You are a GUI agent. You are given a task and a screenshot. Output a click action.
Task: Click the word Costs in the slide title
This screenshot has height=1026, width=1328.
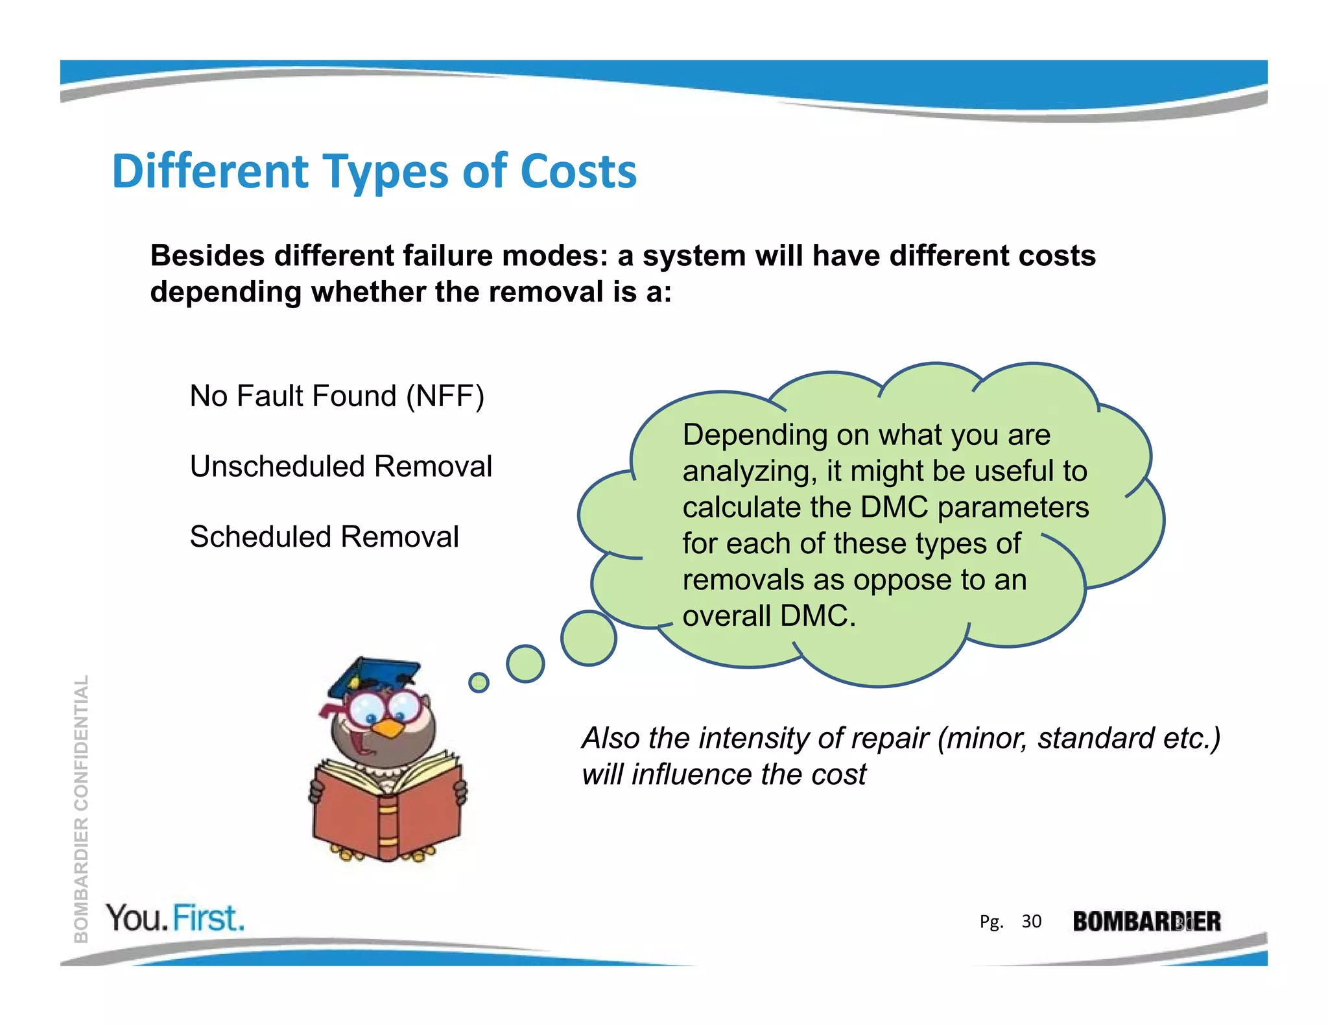578,172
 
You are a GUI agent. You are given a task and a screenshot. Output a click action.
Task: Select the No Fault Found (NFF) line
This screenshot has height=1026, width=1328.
337,396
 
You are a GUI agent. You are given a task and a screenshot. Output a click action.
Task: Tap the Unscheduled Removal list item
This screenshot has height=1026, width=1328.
341,467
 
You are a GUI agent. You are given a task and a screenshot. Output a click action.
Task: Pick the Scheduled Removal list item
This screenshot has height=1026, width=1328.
324,538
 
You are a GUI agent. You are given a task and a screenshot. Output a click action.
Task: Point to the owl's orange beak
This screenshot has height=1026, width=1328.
389,729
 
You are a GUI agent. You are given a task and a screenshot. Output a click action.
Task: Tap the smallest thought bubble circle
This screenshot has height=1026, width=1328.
479,682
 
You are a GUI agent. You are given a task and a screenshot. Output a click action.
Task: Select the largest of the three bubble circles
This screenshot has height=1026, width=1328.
588,638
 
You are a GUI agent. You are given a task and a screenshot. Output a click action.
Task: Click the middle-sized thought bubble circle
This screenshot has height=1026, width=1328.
525,663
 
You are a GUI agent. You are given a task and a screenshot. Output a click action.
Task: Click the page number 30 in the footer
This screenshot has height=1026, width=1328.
1031,922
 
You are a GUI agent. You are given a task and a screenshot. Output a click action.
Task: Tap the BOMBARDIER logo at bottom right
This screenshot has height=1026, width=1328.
1146,922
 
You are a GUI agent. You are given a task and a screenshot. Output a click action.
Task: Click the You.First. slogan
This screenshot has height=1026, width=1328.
176,918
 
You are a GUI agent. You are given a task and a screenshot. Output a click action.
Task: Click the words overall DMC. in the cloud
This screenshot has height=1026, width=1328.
769,616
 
